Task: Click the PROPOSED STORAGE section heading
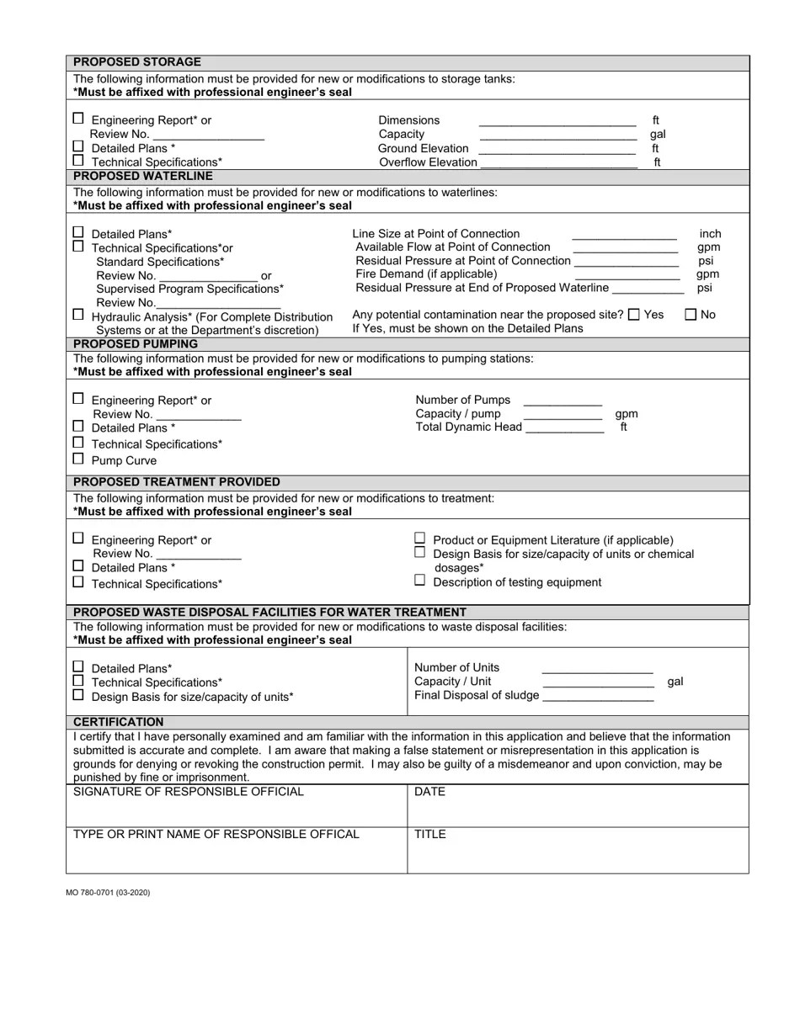137,62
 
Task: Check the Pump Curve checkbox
78,459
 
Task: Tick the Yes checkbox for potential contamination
634,315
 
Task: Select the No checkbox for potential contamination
691,315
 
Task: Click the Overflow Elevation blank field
557,162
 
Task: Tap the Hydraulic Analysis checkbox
78,315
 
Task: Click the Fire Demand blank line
627,274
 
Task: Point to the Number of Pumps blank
563,401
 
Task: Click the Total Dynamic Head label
468,427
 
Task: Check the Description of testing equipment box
420,581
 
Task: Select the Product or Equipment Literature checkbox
420,539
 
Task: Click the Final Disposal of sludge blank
598,696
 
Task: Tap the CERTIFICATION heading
119,722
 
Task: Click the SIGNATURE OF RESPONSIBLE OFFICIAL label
189,792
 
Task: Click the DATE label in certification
429,792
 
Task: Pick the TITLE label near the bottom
430,835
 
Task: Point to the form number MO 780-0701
108,892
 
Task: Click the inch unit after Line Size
710,234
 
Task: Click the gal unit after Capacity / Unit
675,682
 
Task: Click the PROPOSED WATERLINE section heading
143,177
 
